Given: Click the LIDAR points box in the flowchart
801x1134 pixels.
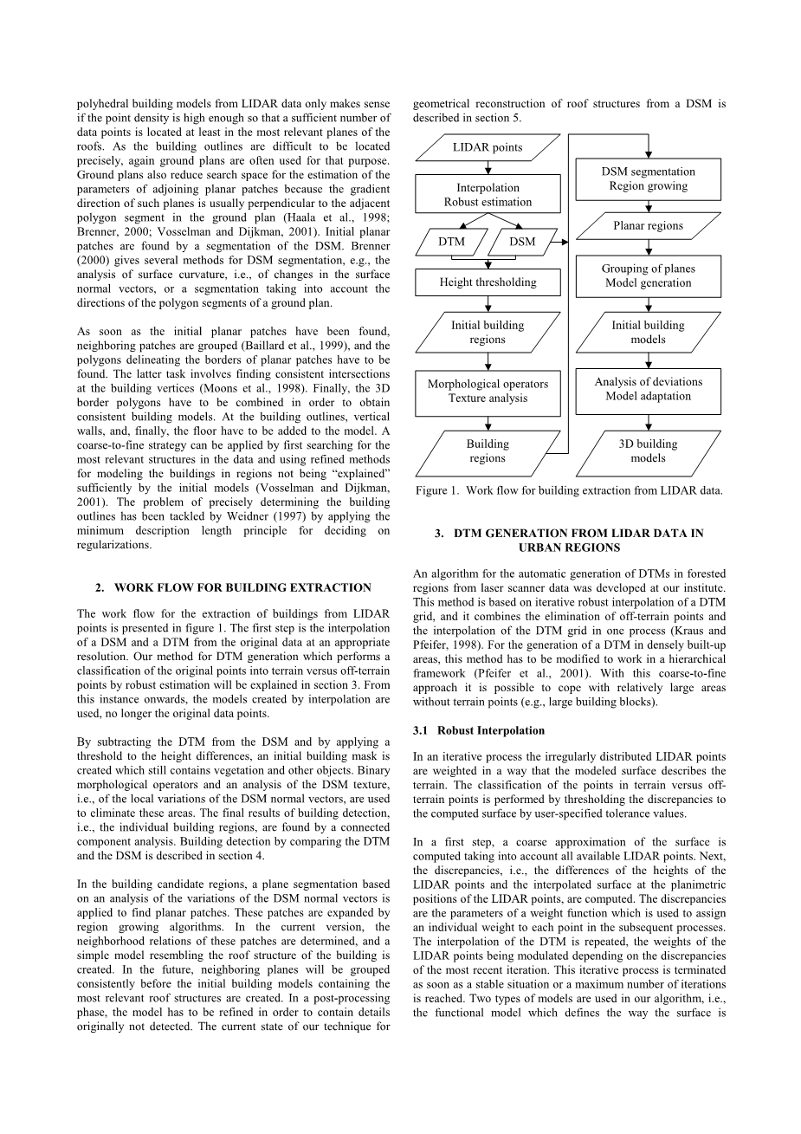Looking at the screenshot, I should click(x=488, y=147).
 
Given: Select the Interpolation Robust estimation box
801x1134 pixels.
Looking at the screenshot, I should click(x=488, y=195).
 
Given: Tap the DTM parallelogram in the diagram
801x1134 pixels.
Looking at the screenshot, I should click(x=451, y=242).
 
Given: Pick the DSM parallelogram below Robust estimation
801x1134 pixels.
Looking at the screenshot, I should click(x=522, y=242).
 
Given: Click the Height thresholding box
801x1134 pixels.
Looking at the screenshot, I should click(x=488, y=282).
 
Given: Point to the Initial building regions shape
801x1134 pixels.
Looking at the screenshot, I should click(x=488, y=333).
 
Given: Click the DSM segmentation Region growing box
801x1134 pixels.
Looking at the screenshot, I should click(x=648, y=179).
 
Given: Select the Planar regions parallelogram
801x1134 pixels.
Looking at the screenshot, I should click(x=648, y=226).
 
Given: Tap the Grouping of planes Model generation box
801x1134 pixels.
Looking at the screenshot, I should click(x=648, y=276).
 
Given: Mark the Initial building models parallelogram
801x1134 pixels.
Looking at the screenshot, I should click(x=648, y=333).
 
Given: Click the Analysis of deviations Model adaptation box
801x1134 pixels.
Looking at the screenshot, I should click(x=648, y=389).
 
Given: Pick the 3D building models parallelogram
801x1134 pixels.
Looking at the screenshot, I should click(x=648, y=451).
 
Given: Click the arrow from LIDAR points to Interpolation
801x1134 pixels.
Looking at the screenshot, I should click(x=488, y=168).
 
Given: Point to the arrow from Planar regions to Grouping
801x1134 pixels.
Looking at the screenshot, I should click(x=649, y=248).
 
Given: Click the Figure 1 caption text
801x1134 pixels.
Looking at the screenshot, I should click(x=568, y=491).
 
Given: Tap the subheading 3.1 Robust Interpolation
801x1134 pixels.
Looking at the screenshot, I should click(x=479, y=730).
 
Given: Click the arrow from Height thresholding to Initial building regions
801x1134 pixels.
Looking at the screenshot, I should click(x=488, y=303).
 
